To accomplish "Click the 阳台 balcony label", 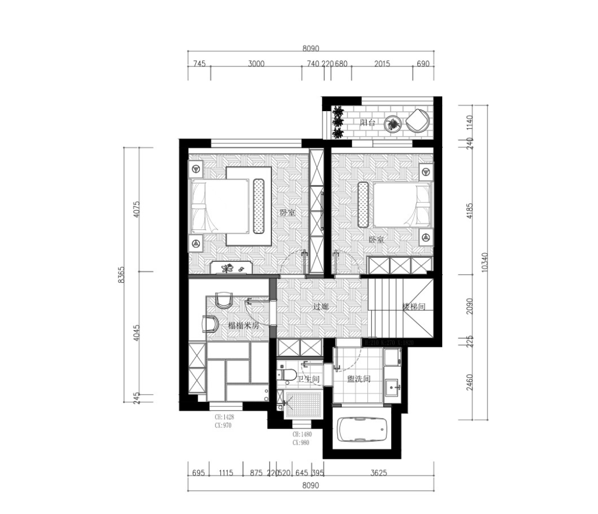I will pyautogui.click(x=367, y=123).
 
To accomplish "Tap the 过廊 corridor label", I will pyautogui.click(x=321, y=306).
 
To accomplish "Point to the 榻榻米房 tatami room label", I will pyautogui.click(x=243, y=327).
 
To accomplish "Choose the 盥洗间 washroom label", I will pyautogui.click(x=359, y=379).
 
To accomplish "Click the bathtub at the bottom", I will pyautogui.click(x=363, y=431).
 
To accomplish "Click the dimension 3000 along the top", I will pyautogui.click(x=256, y=64).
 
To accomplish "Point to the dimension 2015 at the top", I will pyautogui.click(x=382, y=64).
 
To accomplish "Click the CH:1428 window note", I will pyautogui.click(x=223, y=417).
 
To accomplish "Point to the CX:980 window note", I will pyautogui.click(x=301, y=442).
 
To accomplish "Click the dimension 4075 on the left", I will pyautogui.click(x=137, y=210).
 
